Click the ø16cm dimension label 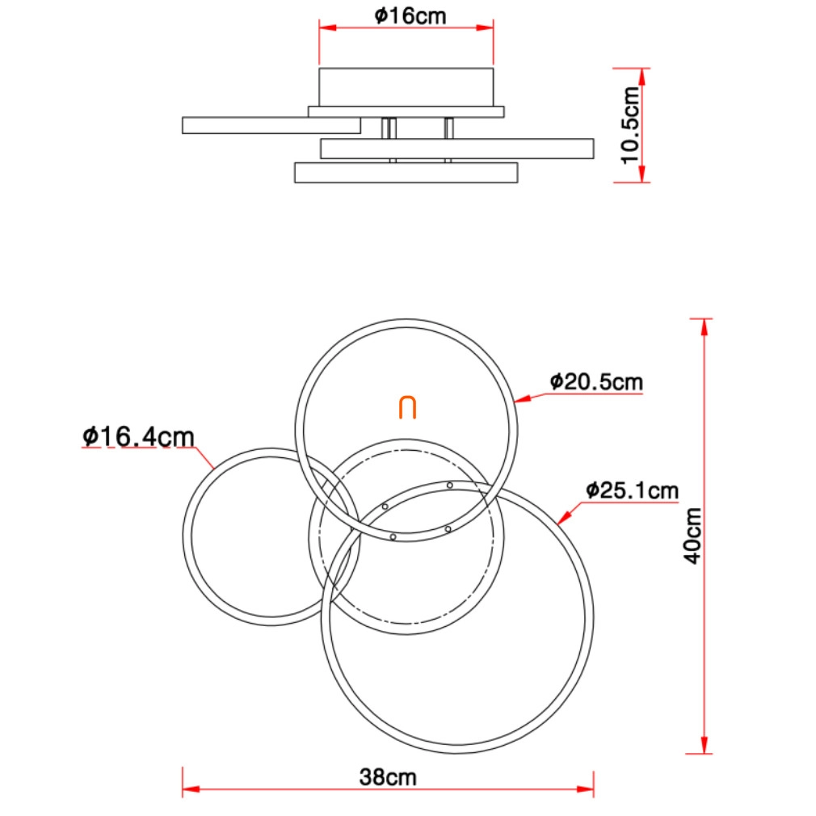point(410,16)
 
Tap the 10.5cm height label point(630,125)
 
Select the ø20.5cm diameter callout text point(596,382)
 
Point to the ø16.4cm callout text point(138,436)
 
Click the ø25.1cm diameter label point(633,490)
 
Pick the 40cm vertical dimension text point(692,536)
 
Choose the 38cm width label point(388,777)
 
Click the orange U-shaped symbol point(407,407)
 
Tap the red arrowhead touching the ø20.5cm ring point(522,399)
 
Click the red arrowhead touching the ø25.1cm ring point(564,517)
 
